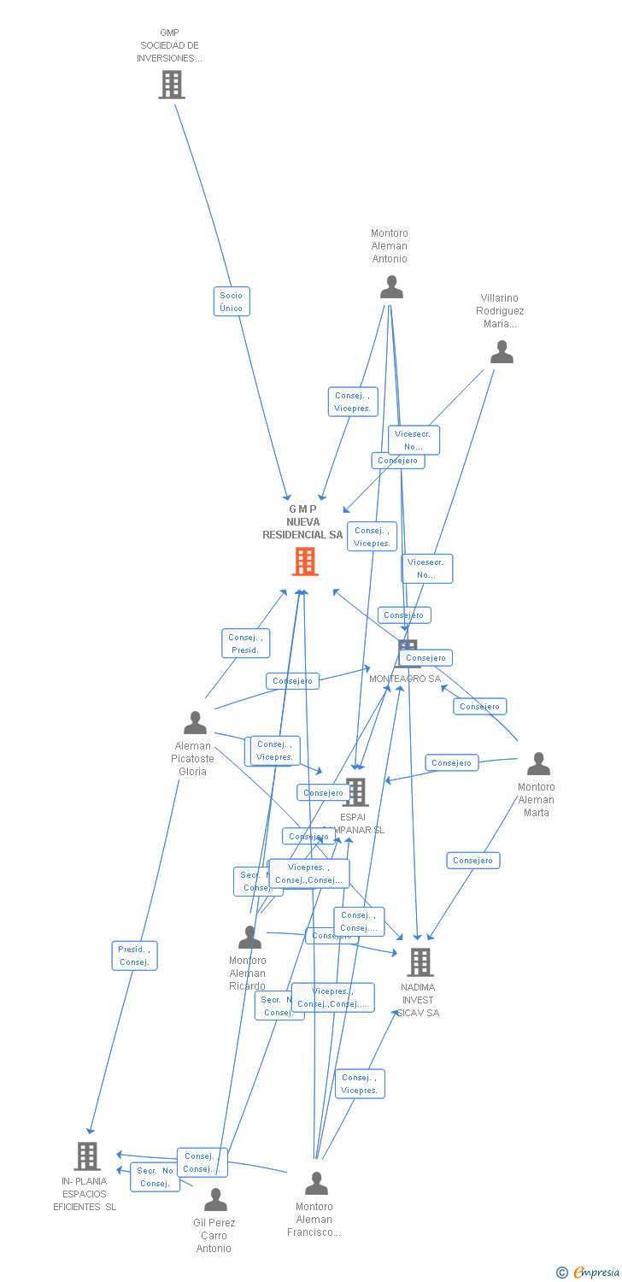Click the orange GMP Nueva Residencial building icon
(x=305, y=562)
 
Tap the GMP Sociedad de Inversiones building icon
(x=172, y=85)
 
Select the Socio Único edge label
(x=232, y=302)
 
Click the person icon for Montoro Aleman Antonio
(x=391, y=287)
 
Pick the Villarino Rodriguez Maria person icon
(x=502, y=352)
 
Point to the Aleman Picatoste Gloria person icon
(x=196, y=723)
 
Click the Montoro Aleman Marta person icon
(x=538, y=764)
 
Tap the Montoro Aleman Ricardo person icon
(x=249, y=938)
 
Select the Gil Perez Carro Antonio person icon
(x=215, y=1200)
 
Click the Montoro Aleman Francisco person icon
(x=316, y=1184)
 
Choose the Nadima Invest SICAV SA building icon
(x=420, y=962)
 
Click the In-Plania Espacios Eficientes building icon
(x=87, y=1156)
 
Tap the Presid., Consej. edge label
(x=135, y=956)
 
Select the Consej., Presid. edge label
(x=245, y=644)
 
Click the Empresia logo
(x=589, y=1273)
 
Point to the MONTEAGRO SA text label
(x=405, y=679)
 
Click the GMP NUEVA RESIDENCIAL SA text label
(x=302, y=522)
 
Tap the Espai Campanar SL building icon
(x=355, y=792)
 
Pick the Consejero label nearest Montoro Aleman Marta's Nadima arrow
(x=472, y=861)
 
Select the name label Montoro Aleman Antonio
(x=390, y=246)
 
